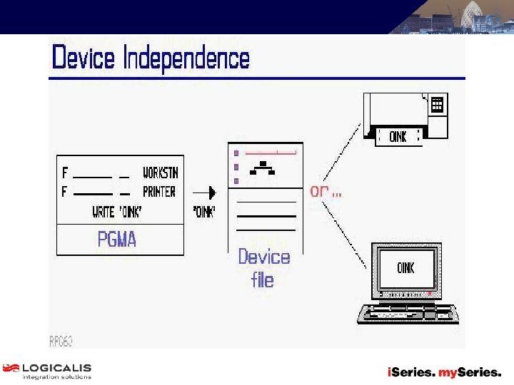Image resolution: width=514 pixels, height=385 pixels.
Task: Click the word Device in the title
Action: [84, 58]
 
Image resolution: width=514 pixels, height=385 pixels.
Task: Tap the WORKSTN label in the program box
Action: [160, 173]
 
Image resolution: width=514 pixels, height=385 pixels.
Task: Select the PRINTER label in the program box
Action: [158, 191]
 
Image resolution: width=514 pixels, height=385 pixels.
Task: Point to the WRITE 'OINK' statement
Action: [116, 212]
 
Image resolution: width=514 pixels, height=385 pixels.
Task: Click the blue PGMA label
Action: [117, 239]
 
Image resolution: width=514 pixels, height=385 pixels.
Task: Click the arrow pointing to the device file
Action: [206, 192]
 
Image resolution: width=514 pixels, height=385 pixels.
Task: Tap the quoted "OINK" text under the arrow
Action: [204, 212]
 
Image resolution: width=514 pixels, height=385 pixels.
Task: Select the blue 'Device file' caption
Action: [264, 267]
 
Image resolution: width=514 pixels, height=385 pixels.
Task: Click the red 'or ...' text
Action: [326, 192]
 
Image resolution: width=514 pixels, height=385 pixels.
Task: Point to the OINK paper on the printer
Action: [398, 136]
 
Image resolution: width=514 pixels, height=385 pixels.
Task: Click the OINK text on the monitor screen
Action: [405, 268]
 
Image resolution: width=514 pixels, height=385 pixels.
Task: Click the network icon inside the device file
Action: [263, 168]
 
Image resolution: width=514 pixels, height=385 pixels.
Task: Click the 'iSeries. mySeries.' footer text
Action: [444, 372]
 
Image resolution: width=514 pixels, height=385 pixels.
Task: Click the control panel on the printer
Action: [437, 105]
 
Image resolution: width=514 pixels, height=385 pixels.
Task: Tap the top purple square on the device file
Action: [236, 153]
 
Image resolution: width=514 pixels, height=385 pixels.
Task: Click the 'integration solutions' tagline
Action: [56, 377]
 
